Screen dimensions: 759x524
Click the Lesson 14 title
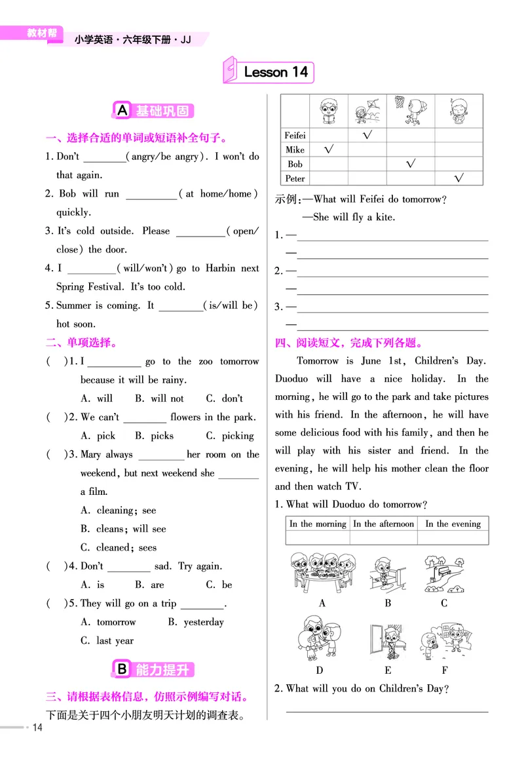pyautogui.click(x=275, y=72)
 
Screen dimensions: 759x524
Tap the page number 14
pyautogui.click(x=37, y=728)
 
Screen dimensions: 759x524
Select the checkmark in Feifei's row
pyautogui.click(x=367, y=135)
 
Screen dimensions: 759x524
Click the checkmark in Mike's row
pyautogui.click(x=329, y=149)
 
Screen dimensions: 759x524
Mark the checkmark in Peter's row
pyautogui.click(x=458, y=178)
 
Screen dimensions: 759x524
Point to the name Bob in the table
pyautogui.click(x=295, y=164)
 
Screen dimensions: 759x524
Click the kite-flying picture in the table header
pyautogui.click(x=367, y=111)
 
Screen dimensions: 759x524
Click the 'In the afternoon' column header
pyautogui.click(x=383, y=524)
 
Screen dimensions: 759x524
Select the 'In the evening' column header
pyautogui.click(x=453, y=524)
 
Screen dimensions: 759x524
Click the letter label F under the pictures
pyautogui.click(x=445, y=670)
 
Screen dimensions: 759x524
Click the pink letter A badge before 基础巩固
pyautogui.click(x=122, y=111)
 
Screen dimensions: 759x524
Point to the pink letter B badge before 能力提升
pyautogui.click(x=122, y=669)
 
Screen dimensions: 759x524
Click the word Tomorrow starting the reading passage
pyautogui.click(x=318, y=360)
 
